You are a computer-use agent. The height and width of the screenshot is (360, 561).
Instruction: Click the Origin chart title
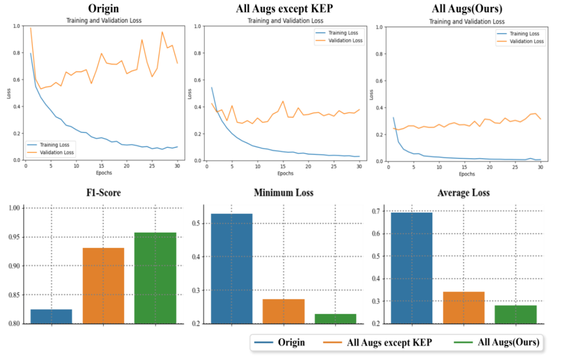[x=104, y=8]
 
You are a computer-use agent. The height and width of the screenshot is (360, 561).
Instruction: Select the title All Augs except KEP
[x=285, y=8]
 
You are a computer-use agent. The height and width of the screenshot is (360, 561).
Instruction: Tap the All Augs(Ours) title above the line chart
[x=467, y=9]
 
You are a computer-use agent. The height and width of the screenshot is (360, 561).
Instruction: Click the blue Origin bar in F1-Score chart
[x=51, y=316]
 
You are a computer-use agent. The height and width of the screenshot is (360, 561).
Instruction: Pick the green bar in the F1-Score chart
[x=155, y=278]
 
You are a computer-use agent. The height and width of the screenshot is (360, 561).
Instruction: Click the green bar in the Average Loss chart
[x=516, y=314]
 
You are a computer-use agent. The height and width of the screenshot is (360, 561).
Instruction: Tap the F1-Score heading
[x=104, y=193]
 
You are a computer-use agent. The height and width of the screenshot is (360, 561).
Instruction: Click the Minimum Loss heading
[x=284, y=193]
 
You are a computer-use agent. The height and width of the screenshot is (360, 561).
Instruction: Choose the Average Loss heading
[x=463, y=193]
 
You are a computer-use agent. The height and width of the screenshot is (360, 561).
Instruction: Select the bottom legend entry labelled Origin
[x=291, y=343]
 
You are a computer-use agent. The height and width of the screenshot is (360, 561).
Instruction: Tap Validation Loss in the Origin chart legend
[x=58, y=152]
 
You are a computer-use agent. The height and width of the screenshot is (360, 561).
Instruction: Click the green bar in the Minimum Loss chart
[x=335, y=319]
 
